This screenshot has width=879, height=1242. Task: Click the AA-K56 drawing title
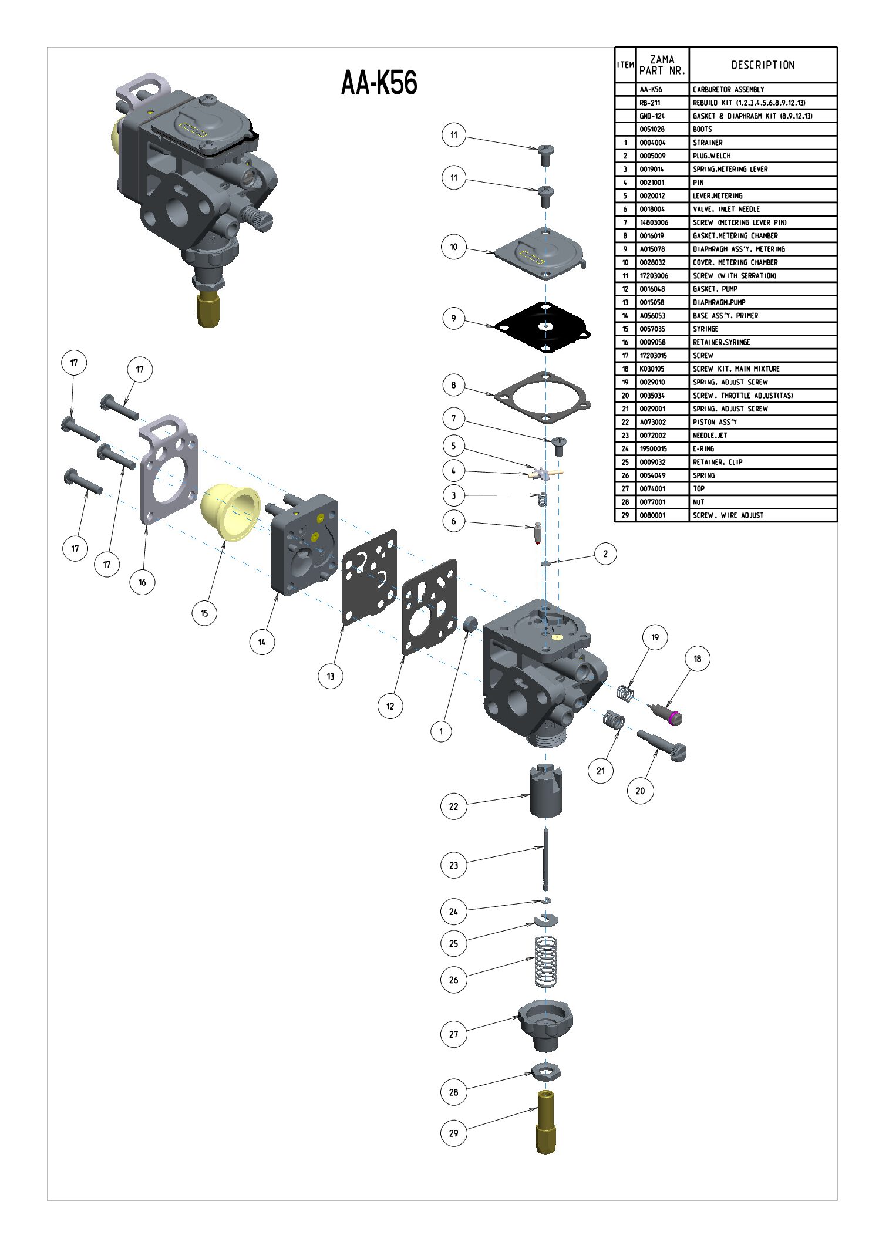pos(379,83)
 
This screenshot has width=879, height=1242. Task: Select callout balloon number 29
pos(453,1133)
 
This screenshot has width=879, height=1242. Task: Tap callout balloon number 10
pos(453,247)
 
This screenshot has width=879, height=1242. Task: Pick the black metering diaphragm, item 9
pos(543,328)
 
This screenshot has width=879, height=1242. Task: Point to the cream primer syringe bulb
pos(230,510)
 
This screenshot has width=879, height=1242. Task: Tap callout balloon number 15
pos(204,613)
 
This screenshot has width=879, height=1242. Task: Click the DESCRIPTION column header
pos(763,65)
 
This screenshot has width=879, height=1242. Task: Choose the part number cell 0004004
pos(652,143)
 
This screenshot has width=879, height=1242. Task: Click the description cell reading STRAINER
pos(708,143)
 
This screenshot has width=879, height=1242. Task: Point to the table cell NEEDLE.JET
pos(710,436)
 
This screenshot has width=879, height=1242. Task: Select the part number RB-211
pos(649,103)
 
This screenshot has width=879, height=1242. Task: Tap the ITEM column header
pos(625,65)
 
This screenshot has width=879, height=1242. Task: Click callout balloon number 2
pos(605,553)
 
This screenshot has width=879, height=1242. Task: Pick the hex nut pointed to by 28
pos(546,1072)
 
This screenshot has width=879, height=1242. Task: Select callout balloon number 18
pos(697,659)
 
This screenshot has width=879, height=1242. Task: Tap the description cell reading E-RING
pos(703,449)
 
